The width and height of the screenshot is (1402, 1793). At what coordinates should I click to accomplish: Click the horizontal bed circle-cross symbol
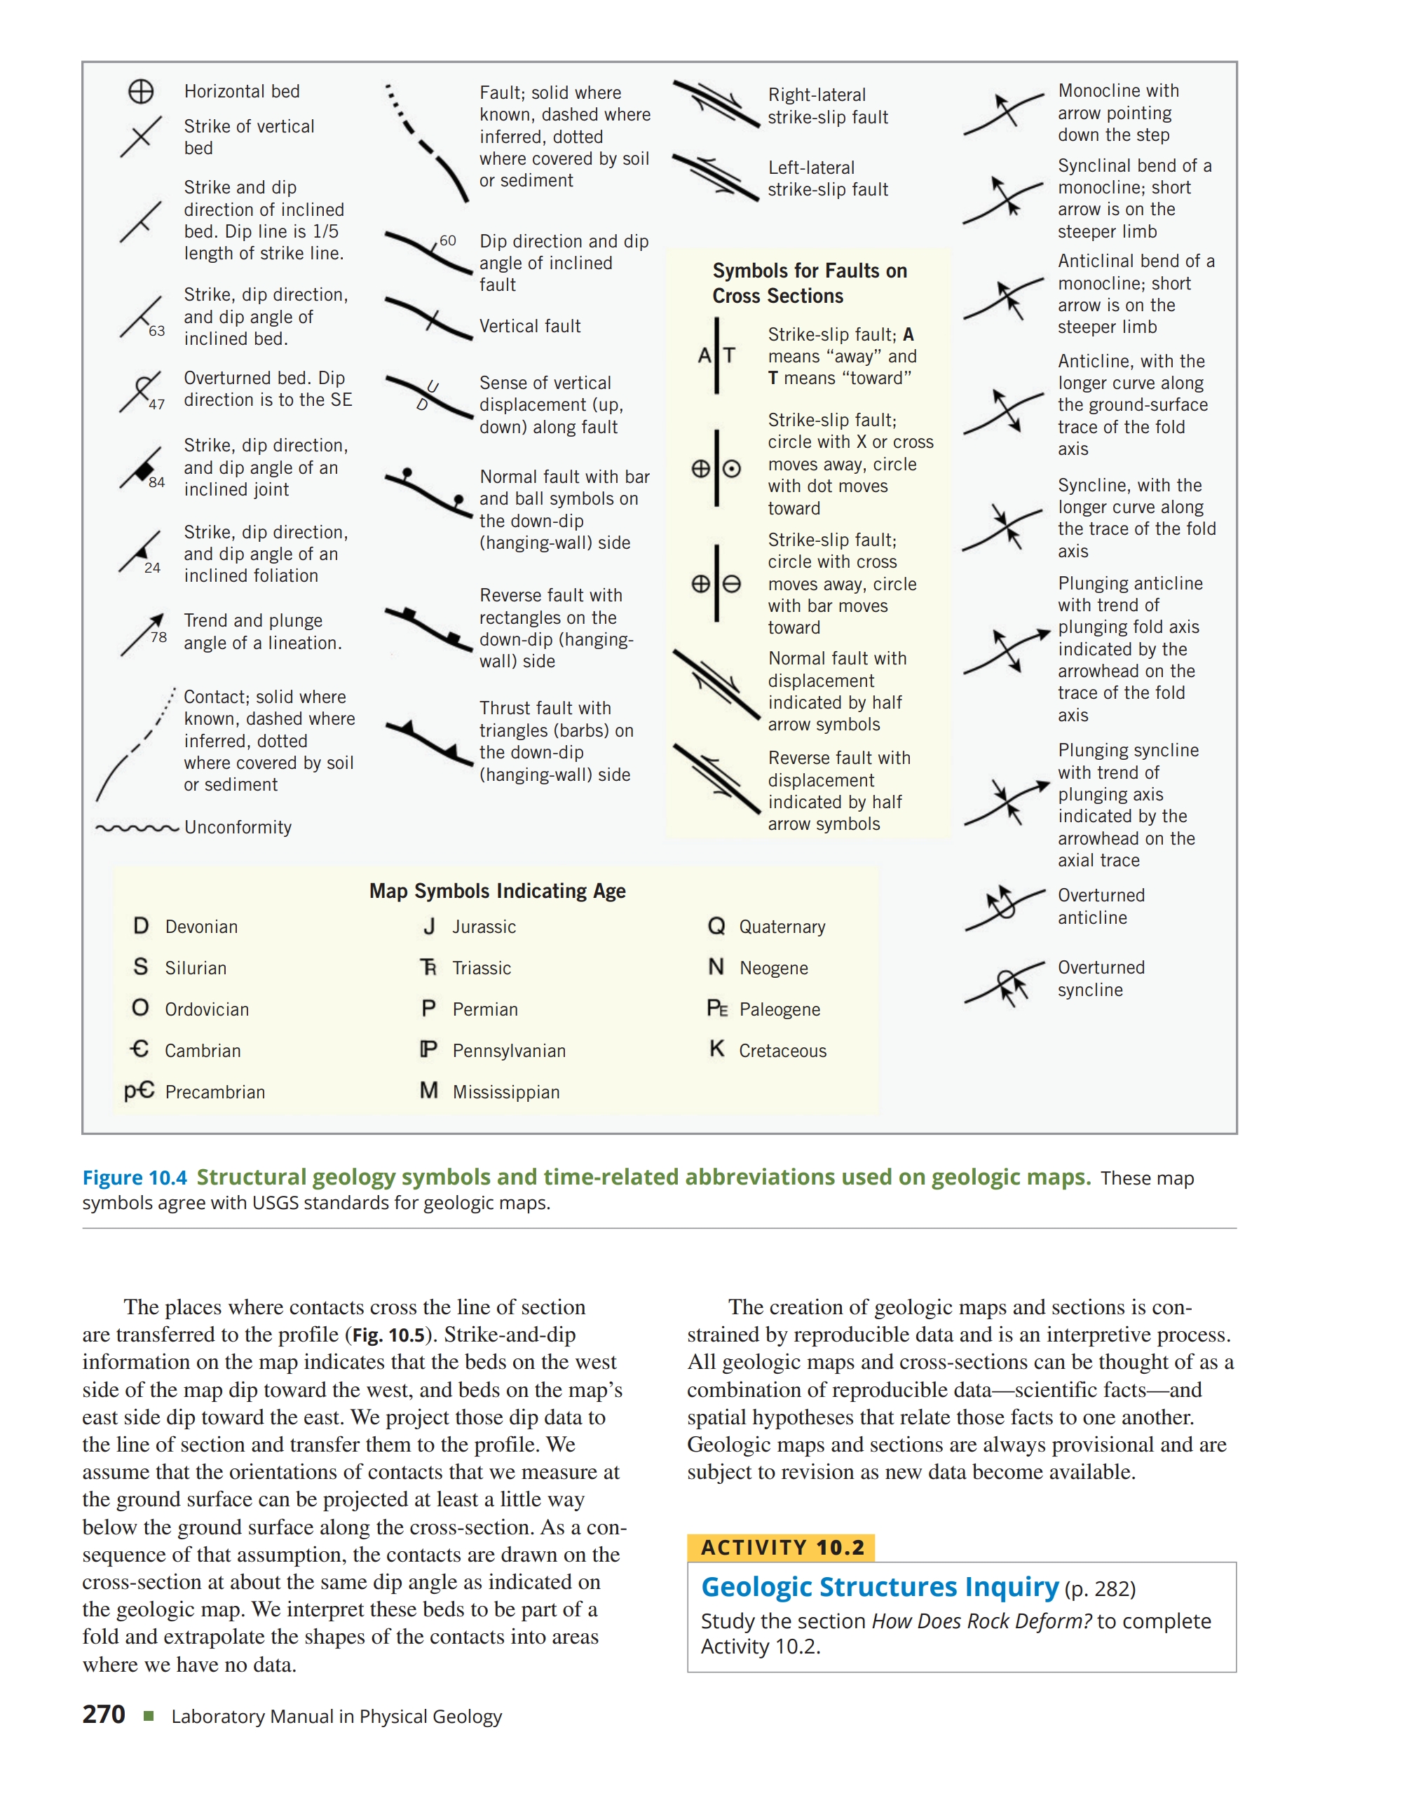click(141, 91)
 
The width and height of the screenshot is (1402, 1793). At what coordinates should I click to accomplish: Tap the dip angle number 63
click(157, 331)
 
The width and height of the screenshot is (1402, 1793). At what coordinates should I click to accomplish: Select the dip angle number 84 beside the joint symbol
click(157, 482)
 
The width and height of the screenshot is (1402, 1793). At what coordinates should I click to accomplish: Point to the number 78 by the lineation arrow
click(158, 637)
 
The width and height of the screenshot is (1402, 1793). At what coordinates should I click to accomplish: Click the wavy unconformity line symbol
click(137, 829)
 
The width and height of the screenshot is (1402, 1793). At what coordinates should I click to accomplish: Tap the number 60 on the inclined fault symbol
click(447, 240)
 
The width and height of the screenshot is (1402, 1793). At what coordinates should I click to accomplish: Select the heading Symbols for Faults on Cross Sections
click(810, 283)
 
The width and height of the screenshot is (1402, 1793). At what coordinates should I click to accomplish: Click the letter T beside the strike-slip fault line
click(729, 355)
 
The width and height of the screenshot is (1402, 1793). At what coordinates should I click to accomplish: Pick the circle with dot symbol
click(731, 469)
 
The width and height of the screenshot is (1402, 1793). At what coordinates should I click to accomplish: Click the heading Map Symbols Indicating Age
click(498, 891)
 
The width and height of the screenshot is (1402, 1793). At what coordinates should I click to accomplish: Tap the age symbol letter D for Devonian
click(141, 926)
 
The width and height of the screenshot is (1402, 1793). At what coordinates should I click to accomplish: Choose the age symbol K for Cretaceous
click(716, 1049)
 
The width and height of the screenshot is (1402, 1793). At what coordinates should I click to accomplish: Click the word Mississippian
click(505, 1092)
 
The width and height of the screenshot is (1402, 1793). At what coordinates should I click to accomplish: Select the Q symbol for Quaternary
click(716, 926)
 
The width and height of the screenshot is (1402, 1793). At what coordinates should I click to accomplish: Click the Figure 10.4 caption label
click(135, 1178)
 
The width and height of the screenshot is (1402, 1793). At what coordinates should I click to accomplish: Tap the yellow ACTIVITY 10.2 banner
click(782, 1548)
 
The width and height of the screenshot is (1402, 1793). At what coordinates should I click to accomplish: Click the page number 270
click(104, 1715)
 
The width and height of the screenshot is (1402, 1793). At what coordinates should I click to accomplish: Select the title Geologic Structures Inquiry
click(880, 1587)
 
